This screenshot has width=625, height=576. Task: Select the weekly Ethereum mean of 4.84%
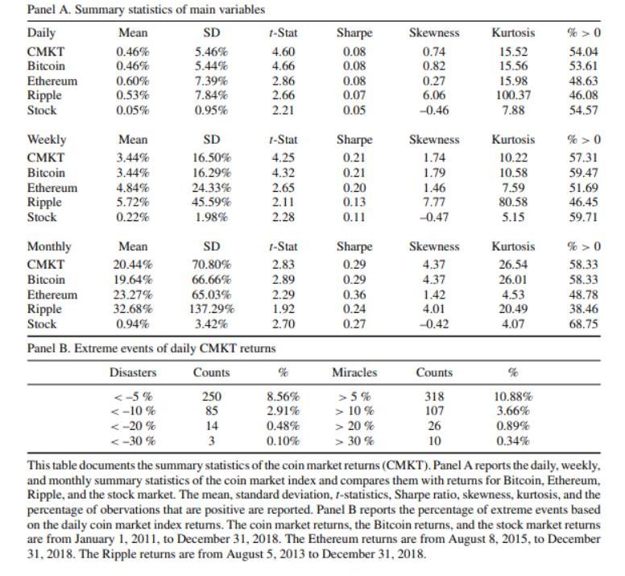[x=133, y=187]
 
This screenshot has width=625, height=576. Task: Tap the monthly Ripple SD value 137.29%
[x=212, y=309]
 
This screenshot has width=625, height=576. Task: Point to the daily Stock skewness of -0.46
[x=433, y=110]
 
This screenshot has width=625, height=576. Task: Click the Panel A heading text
[x=146, y=10]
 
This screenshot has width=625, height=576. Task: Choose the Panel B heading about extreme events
[x=151, y=348]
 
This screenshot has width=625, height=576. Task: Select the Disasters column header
[x=133, y=373]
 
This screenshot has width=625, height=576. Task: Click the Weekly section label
[x=47, y=140]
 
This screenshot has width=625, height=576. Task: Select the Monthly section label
[x=49, y=247]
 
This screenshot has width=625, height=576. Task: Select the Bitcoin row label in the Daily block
[x=46, y=65]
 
